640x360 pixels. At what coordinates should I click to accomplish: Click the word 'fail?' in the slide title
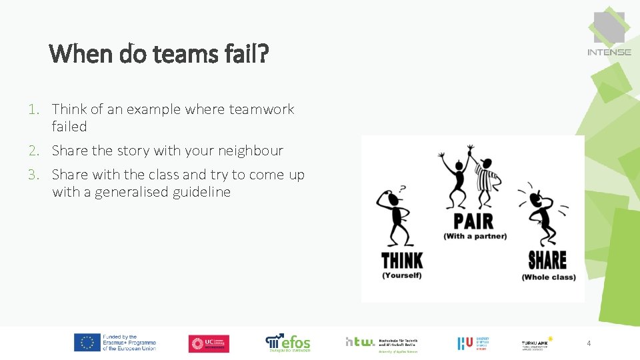pyautogui.click(x=245, y=53)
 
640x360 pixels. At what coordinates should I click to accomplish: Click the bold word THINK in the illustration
pyautogui.click(x=402, y=259)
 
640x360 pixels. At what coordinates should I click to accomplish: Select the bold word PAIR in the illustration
pyautogui.click(x=474, y=221)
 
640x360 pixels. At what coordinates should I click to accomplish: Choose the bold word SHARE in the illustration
pyautogui.click(x=547, y=259)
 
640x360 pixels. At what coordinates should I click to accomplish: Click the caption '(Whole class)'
pyautogui.click(x=549, y=277)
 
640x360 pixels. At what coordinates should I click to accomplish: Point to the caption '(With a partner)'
pyautogui.click(x=475, y=236)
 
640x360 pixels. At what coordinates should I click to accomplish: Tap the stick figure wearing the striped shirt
pyautogui.click(x=485, y=176)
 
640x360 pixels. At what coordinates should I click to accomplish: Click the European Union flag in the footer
pyautogui.click(x=87, y=343)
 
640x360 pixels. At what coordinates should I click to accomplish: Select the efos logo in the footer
pyautogui.click(x=288, y=343)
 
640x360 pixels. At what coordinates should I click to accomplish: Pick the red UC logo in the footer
pyautogui.click(x=209, y=343)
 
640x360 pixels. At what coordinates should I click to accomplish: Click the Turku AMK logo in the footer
pyautogui.click(x=538, y=343)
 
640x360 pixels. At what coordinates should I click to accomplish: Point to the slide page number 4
pyautogui.click(x=589, y=343)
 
